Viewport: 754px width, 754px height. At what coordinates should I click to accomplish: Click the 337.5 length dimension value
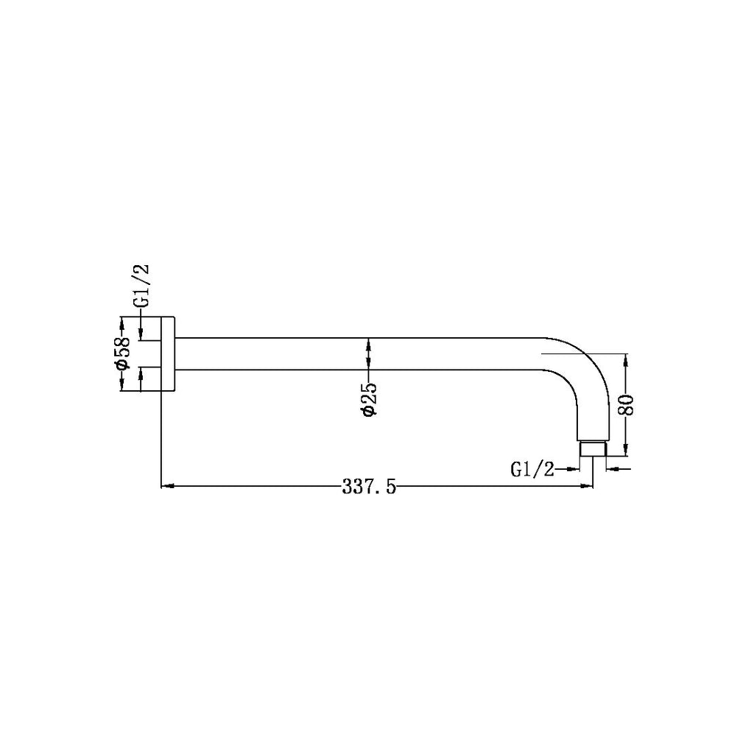[369, 487]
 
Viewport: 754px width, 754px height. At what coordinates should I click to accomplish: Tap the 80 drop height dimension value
[627, 404]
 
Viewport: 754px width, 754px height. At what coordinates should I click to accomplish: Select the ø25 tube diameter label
[369, 400]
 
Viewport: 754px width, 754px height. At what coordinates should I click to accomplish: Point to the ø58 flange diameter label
[123, 354]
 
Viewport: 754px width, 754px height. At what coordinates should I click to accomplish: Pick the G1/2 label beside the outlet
[532, 468]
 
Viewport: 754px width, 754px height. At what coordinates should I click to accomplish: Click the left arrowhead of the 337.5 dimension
[167, 486]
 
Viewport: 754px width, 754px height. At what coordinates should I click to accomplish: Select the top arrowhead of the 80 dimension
[626, 359]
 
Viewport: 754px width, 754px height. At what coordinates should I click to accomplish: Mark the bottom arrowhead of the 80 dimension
[626, 450]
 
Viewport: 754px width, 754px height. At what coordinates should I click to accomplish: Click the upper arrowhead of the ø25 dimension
[369, 343]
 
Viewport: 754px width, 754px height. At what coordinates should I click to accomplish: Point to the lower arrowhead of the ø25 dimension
[369, 364]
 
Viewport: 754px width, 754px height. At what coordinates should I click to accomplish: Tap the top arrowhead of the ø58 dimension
[123, 322]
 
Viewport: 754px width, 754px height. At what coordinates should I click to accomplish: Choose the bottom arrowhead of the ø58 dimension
[123, 387]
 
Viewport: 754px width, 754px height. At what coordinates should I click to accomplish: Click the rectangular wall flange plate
[168, 354]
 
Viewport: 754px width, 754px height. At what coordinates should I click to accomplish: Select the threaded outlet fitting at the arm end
[593, 448]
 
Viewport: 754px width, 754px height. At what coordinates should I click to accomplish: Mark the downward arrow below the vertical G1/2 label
[141, 333]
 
